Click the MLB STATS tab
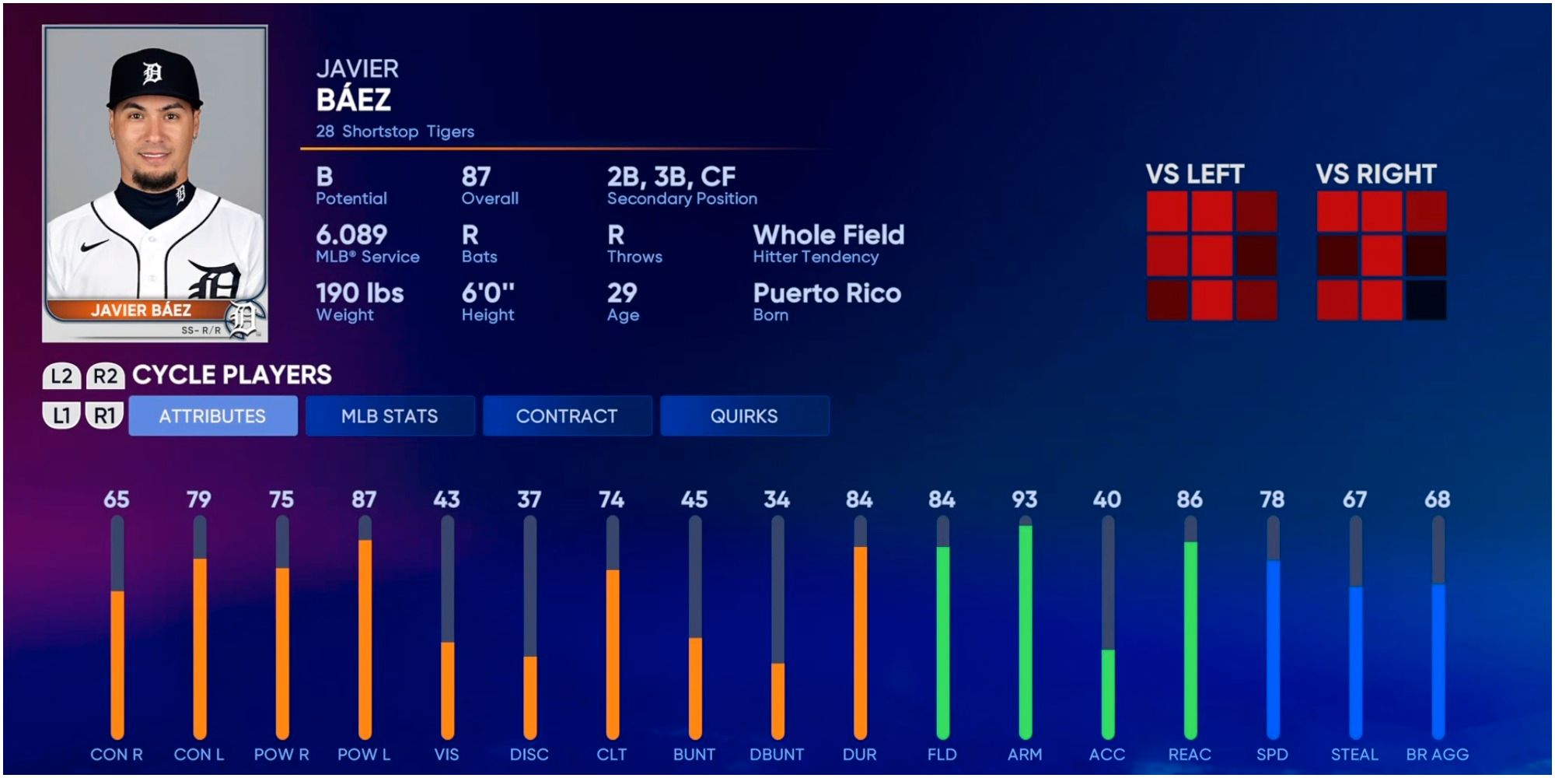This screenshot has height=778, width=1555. click(x=390, y=416)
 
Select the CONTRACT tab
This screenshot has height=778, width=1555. click(x=567, y=416)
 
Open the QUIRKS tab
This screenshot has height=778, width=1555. click(x=744, y=416)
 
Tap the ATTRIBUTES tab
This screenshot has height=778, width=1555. click(x=212, y=416)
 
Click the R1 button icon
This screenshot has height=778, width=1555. click(x=104, y=416)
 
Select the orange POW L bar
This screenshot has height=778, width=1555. click(x=365, y=638)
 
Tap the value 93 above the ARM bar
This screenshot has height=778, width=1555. click(x=1025, y=499)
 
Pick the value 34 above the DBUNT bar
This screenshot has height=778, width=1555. click(x=777, y=499)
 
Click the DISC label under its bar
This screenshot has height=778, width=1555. click(x=529, y=755)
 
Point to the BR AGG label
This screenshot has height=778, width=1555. click(x=1437, y=755)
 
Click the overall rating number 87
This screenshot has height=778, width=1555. click(x=476, y=177)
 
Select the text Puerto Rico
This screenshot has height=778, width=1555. click(x=827, y=293)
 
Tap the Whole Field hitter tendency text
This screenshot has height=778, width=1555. click(x=829, y=235)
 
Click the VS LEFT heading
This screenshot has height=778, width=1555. click(x=1195, y=174)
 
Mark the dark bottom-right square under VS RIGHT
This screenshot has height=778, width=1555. click(x=1425, y=300)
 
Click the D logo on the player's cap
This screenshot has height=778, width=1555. click(x=152, y=73)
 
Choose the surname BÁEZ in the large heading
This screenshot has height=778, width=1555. click(x=354, y=100)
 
